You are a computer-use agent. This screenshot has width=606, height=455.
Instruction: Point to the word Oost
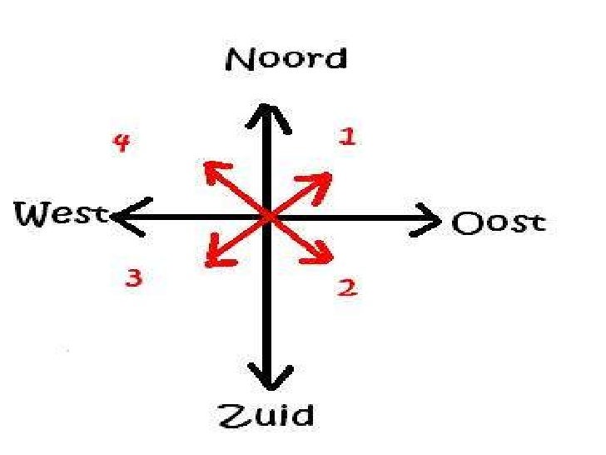point(499,223)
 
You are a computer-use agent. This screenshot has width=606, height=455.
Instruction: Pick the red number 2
point(347,288)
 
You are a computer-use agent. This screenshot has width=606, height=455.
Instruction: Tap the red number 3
point(133,278)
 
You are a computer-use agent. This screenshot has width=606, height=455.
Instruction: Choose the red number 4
point(122,143)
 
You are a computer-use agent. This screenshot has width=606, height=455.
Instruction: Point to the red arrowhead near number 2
point(325,253)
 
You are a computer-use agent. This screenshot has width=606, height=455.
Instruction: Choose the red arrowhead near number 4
point(211,171)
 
